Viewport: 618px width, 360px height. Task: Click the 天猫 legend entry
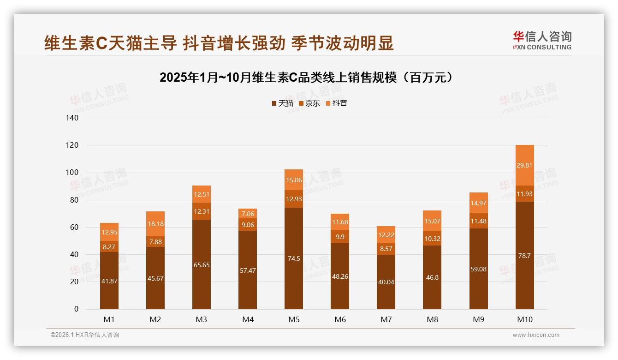[x=282, y=103]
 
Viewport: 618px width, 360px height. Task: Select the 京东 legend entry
[x=309, y=103]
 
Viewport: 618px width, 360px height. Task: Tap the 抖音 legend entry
[x=336, y=103]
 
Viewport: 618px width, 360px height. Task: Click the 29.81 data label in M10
[x=524, y=165]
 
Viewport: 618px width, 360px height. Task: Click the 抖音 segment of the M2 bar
[x=155, y=224]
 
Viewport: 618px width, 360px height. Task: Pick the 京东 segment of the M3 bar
[x=202, y=211]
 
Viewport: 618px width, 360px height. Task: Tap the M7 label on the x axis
[x=386, y=319]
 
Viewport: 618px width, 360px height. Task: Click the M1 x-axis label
[x=109, y=319]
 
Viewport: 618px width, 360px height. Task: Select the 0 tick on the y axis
[x=76, y=309]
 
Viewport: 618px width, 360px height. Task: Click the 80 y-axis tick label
[x=74, y=200]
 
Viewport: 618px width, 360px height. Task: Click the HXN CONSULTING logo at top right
[x=542, y=41]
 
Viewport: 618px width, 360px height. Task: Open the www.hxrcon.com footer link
[x=536, y=335]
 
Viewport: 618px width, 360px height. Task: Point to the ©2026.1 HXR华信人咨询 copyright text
[x=84, y=335]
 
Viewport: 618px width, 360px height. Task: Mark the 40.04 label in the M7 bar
[x=386, y=282]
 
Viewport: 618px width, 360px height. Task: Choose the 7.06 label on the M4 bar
[x=248, y=214]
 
